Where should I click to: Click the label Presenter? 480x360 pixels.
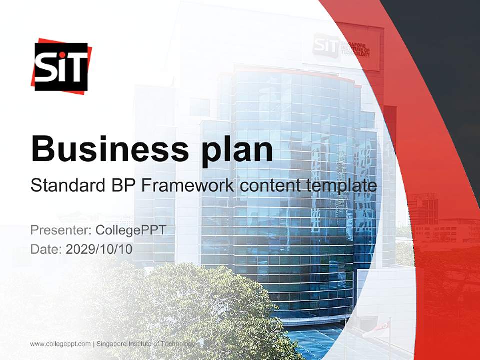60,231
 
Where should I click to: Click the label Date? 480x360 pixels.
46,249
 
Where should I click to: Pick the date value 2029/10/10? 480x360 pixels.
99,249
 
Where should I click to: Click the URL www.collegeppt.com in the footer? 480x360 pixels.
60,344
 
